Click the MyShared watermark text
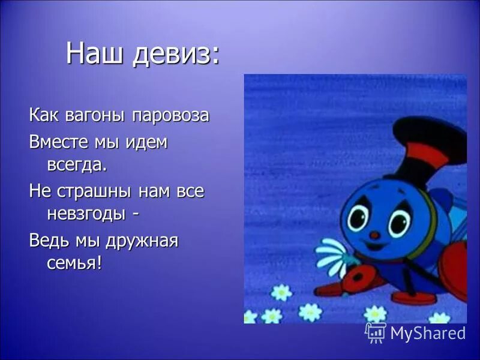point(427,333)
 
